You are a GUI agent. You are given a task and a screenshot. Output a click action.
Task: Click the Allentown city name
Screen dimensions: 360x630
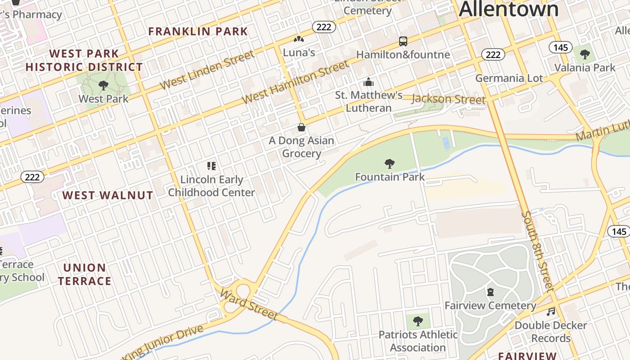(508, 9)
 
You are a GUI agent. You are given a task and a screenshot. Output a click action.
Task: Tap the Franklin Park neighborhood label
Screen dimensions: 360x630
(198, 31)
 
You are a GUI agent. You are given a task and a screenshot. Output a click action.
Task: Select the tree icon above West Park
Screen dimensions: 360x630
(103, 85)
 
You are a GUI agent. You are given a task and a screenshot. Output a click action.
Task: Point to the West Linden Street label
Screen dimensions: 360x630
(207, 70)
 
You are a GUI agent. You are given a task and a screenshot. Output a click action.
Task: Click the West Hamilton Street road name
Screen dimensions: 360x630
(296, 82)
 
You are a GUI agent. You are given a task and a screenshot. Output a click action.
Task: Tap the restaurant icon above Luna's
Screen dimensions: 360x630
(299, 40)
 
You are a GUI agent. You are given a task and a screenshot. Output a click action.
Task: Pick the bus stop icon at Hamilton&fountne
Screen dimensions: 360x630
(403, 41)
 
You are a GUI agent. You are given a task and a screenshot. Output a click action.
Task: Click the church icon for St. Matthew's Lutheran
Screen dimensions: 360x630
(369, 82)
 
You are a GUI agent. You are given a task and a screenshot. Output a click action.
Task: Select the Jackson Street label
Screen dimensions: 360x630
(449, 99)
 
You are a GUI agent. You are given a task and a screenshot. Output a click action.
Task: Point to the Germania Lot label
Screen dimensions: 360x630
(509, 78)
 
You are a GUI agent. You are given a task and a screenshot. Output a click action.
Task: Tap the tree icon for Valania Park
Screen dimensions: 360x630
(585, 55)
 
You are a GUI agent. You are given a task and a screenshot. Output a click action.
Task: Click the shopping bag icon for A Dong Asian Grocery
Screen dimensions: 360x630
(301, 127)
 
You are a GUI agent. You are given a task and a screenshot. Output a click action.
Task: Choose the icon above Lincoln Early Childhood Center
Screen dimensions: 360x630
(211, 166)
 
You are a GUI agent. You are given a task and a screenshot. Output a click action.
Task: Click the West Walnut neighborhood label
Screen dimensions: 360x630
(108, 195)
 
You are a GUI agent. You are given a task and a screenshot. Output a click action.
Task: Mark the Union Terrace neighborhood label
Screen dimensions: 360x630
(85, 274)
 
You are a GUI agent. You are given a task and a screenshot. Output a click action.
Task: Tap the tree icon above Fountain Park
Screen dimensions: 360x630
(390, 163)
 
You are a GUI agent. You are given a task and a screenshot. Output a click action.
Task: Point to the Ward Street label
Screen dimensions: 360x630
(248, 304)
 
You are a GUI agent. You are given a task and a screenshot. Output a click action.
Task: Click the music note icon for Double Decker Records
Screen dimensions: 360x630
(551, 311)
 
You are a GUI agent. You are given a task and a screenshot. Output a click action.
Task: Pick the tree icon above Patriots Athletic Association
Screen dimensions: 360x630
(418, 321)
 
